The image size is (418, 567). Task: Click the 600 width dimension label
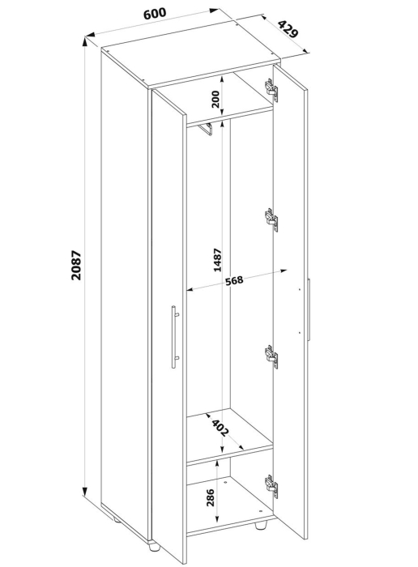click(x=155, y=14)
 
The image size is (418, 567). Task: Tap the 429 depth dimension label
click(x=288, y=29)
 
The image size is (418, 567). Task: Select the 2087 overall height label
click(x=77, y=265)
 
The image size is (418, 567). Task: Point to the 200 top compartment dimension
click(x=215, y=100)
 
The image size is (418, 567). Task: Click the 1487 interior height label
click(x=217, y=260)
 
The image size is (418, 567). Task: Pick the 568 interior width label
click(x=234, y=280)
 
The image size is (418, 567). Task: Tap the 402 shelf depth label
click(x=220, y=428)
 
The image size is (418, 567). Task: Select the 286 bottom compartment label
click(x=210, y=497)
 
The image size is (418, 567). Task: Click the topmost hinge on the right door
click(x=271, y=89)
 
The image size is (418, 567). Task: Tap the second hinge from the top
click(x=271, y=219)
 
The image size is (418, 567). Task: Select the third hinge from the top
click(x=271, y=356)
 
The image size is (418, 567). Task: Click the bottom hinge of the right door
click(x=271, y=486)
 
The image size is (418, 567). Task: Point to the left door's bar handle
click(x=175, y=337)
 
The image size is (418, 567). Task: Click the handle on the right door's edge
click(x=309, y=309)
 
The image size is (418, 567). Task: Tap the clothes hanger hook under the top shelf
click(x=206, y=129)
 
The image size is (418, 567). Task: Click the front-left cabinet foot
click(x=154, y=547)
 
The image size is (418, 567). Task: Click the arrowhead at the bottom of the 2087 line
click(x=84, y=492)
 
